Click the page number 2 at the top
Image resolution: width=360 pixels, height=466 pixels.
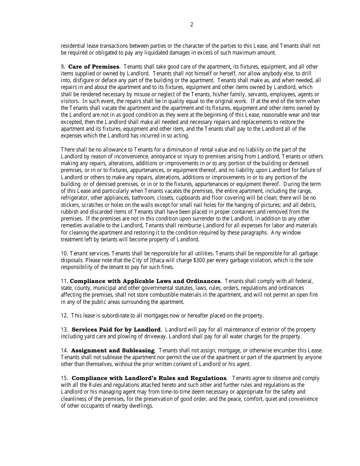coord(191,25)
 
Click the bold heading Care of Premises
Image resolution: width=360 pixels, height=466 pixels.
coord(94,67)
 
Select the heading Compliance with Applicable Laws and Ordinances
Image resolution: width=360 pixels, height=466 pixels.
coord(145,281)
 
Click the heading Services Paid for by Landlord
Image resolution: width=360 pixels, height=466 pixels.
coord(116,330)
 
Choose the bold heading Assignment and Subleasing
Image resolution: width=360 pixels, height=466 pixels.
coord(113,350)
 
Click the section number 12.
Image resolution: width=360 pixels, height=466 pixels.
coord(64,316)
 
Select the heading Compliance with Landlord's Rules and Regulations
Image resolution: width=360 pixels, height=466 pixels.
coord(149,378)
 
